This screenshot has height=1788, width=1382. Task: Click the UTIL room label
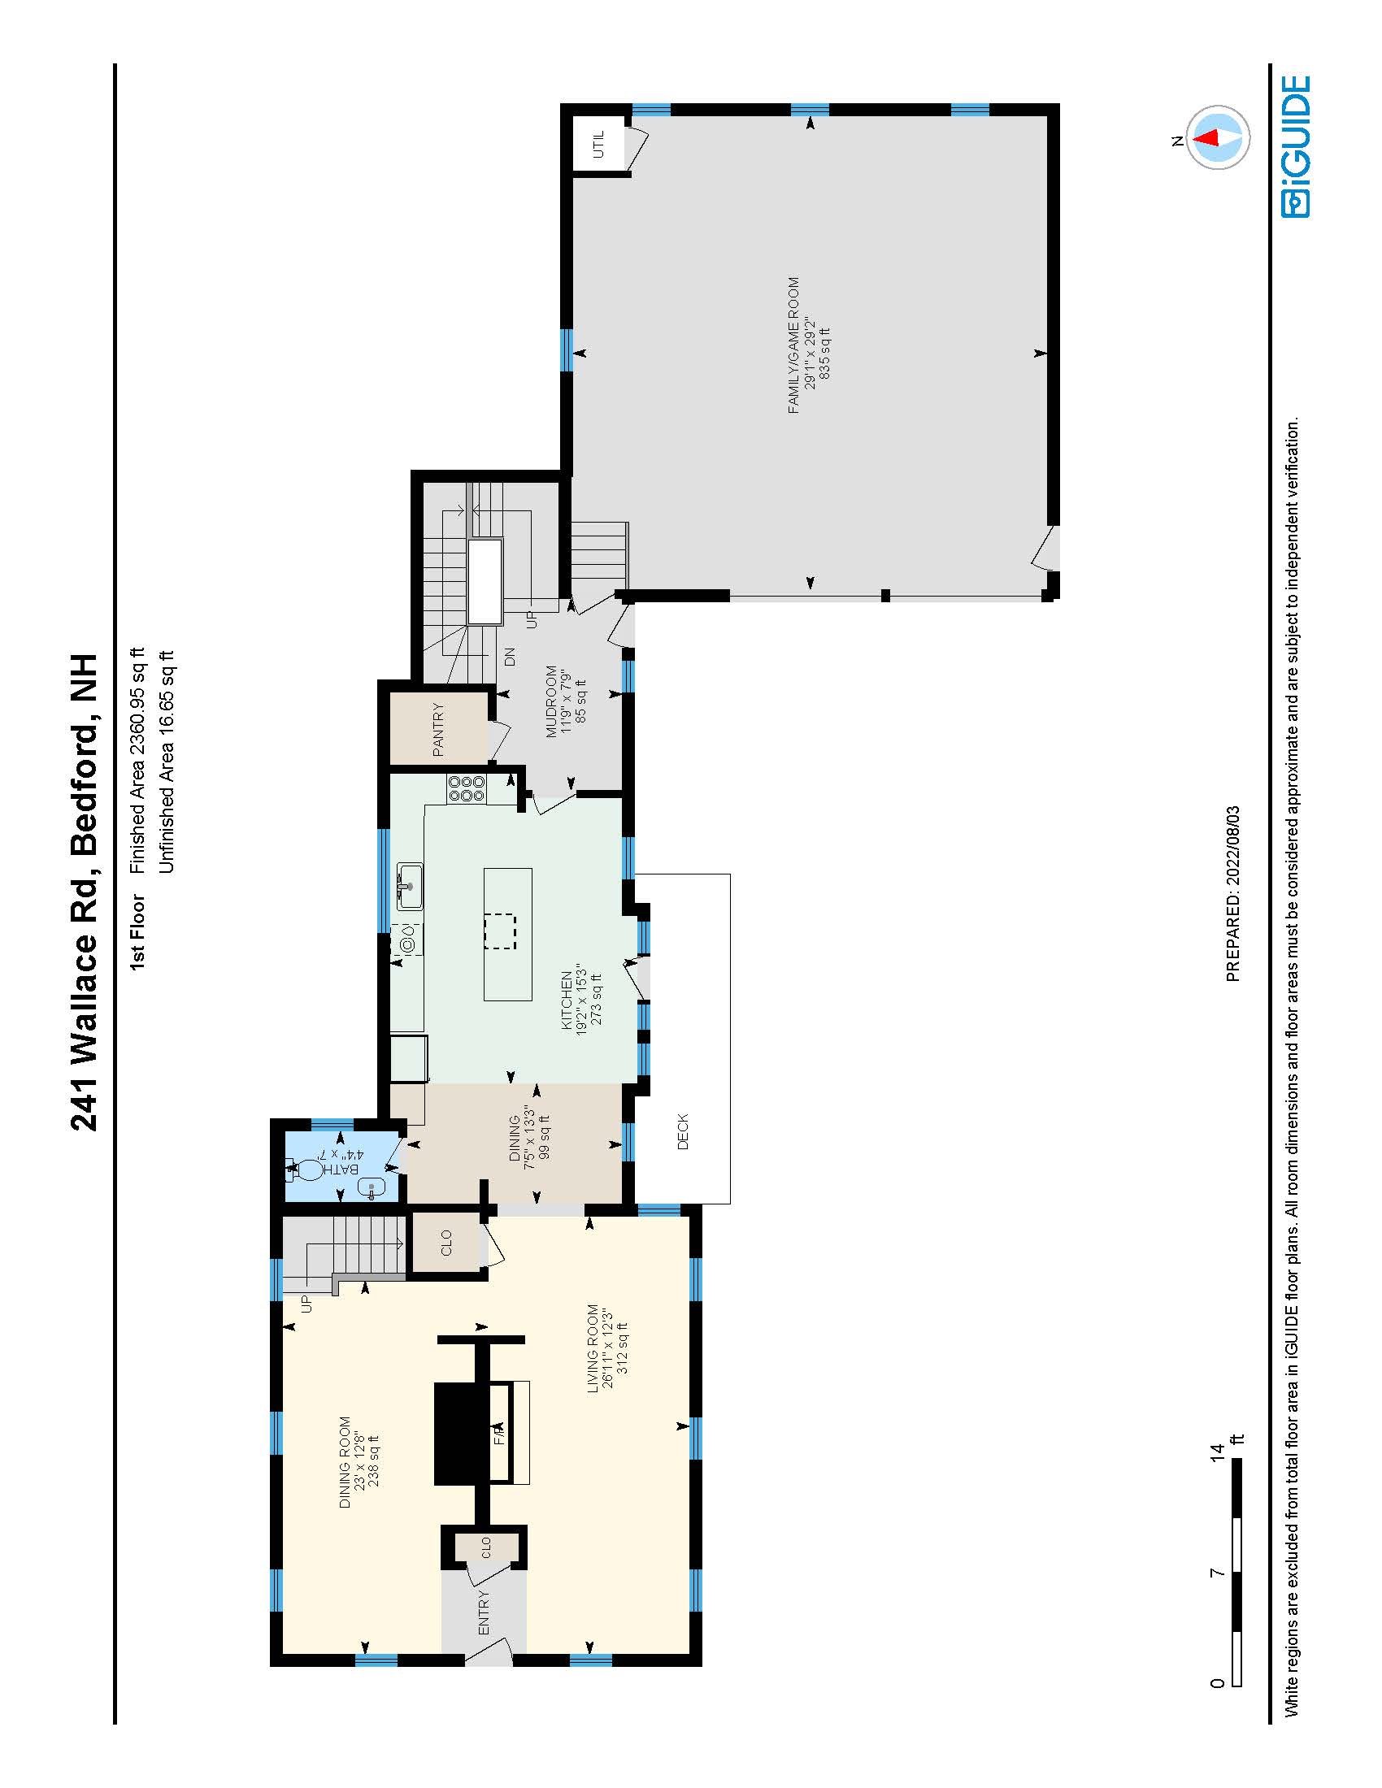click(x=598, y=144)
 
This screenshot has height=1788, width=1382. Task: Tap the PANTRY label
click(x=438, y=729)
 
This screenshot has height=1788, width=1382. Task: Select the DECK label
click(x=683, y=1131)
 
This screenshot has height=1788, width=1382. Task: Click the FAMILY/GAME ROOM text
click(x=793, y=345)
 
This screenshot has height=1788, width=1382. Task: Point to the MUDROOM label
click(x=551, y=701)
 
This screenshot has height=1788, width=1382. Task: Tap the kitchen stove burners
click(x=467, y=788)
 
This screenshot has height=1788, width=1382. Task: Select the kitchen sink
click(x=410, y=886)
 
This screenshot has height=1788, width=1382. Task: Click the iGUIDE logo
click(x=1296, y=147)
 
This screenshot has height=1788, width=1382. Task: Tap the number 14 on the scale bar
click(x=1218, y=1453)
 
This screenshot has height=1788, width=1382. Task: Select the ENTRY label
click(x=483, y=1612)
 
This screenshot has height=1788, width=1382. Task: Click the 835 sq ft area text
click(x=824, y=353)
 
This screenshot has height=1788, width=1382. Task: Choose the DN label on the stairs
click(x=509, y=656)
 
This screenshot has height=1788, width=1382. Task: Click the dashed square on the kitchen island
click(x=500, y=931)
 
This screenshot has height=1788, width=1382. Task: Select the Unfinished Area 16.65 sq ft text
click(x=165, y=763)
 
